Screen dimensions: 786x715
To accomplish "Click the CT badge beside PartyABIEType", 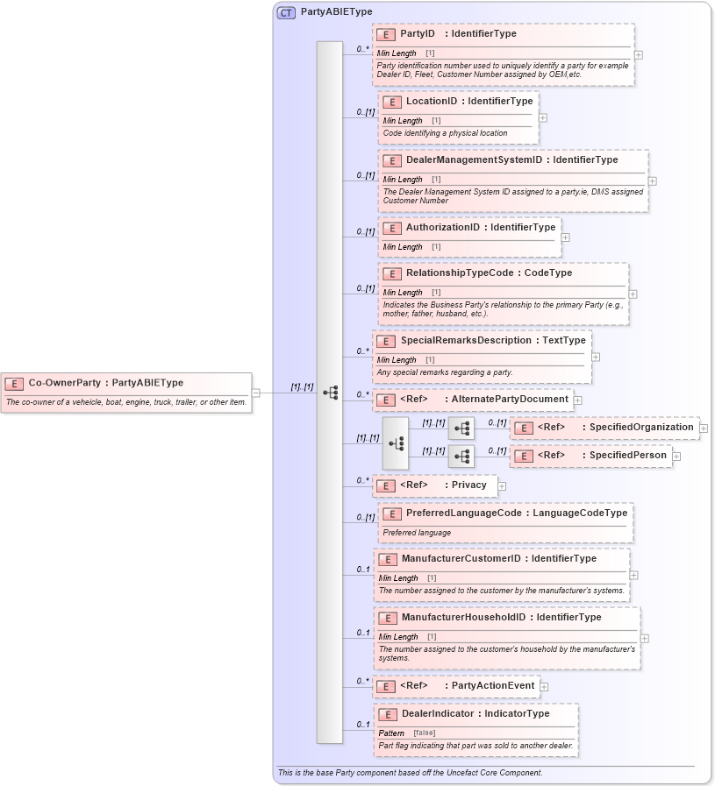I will [x=286, y=12].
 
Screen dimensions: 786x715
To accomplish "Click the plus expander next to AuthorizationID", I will [x=565, y=237].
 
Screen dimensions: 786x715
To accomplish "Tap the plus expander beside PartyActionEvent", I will [x=544, y=686].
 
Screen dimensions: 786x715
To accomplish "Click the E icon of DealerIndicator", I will [x=387, y=714].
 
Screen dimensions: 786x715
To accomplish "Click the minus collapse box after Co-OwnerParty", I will [x=256, y=393].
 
